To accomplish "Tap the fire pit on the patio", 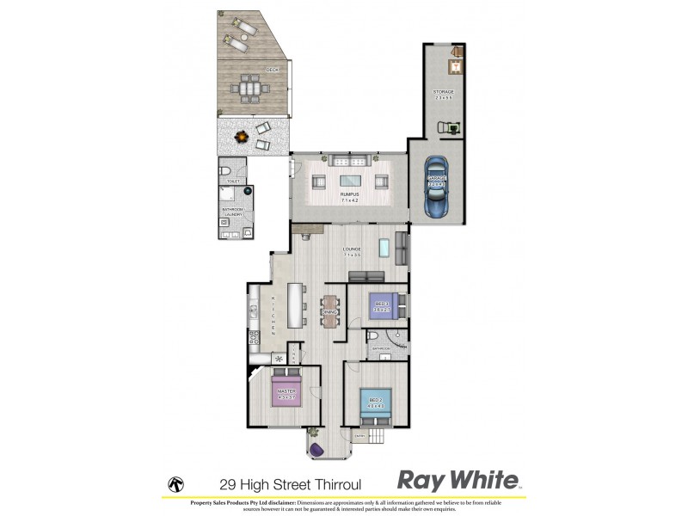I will pyautogui.click(x=243, y=135).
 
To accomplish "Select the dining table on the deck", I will pyautogui.click(x=249, y=87).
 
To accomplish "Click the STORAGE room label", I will pyautogui.click(x=443, y=93).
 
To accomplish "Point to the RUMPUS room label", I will pyautogui.click(x=349, y=196).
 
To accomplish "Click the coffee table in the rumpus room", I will pyautogui.click(x=349, y=180).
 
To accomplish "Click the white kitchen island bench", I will pyautogui.click(x=296, y=305).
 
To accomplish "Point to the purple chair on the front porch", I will pyautogui.click(x=316, y=449).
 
